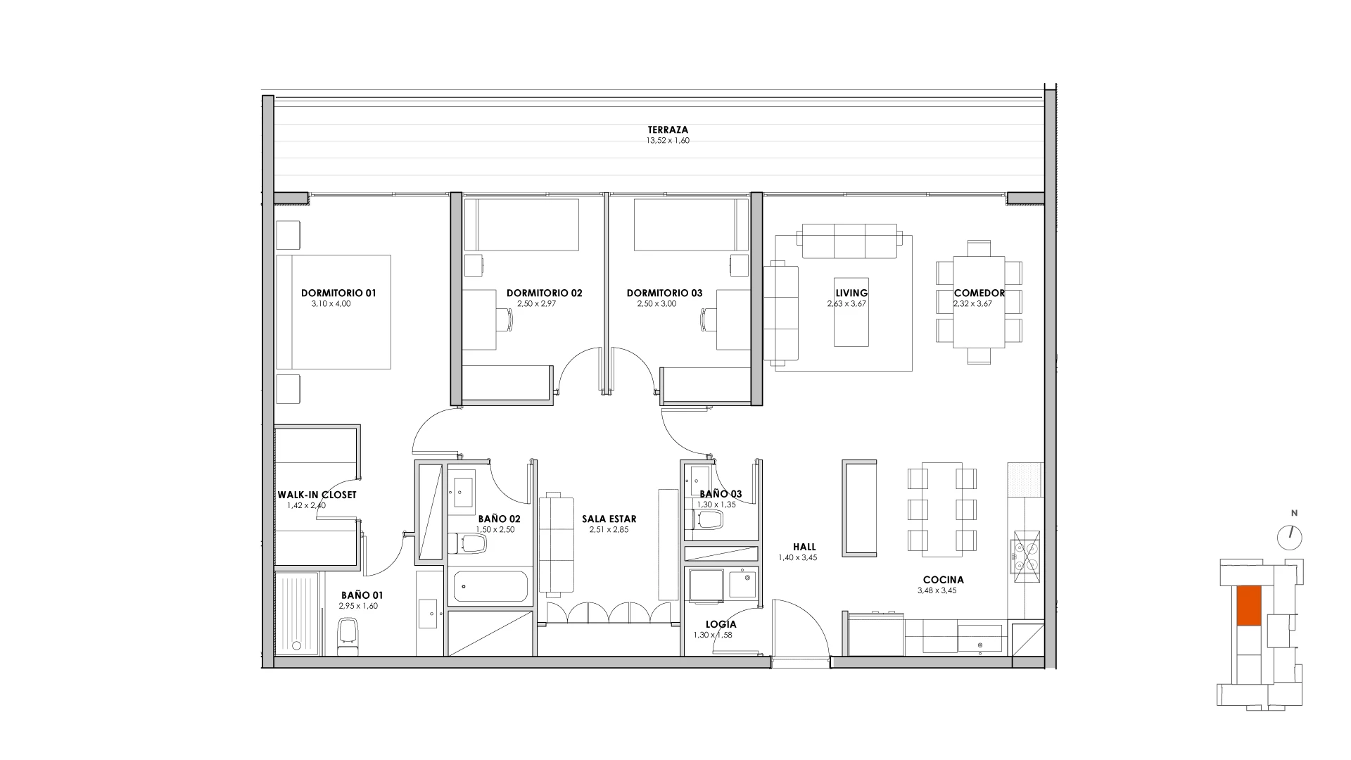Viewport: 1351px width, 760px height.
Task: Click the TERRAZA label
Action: (x=668, y=130)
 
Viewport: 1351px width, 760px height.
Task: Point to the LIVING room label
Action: (x=851, y=293)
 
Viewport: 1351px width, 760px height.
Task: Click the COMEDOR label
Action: (x=979, y=293)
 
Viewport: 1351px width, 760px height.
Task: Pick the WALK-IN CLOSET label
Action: (x=317, y=495)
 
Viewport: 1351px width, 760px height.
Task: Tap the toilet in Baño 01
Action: (x=347, y=637)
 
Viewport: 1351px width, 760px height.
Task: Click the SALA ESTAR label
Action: (x=609, y=519)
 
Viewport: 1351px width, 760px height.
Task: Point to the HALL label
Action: (x=804, y=547)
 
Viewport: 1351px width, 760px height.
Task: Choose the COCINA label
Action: (x=944, y=580)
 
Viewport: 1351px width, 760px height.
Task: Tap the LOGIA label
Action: (x=721, y=624)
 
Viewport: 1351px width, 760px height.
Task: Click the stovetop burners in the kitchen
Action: (x=1025, y=555)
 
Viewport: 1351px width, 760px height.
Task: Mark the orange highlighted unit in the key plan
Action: (x=1249, y=606)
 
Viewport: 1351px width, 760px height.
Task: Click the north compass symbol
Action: (x=1290, y=537)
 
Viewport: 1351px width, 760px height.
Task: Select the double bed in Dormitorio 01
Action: (x=334, y=312)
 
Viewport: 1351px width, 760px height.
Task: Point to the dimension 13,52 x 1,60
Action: (x=668, y=141)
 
